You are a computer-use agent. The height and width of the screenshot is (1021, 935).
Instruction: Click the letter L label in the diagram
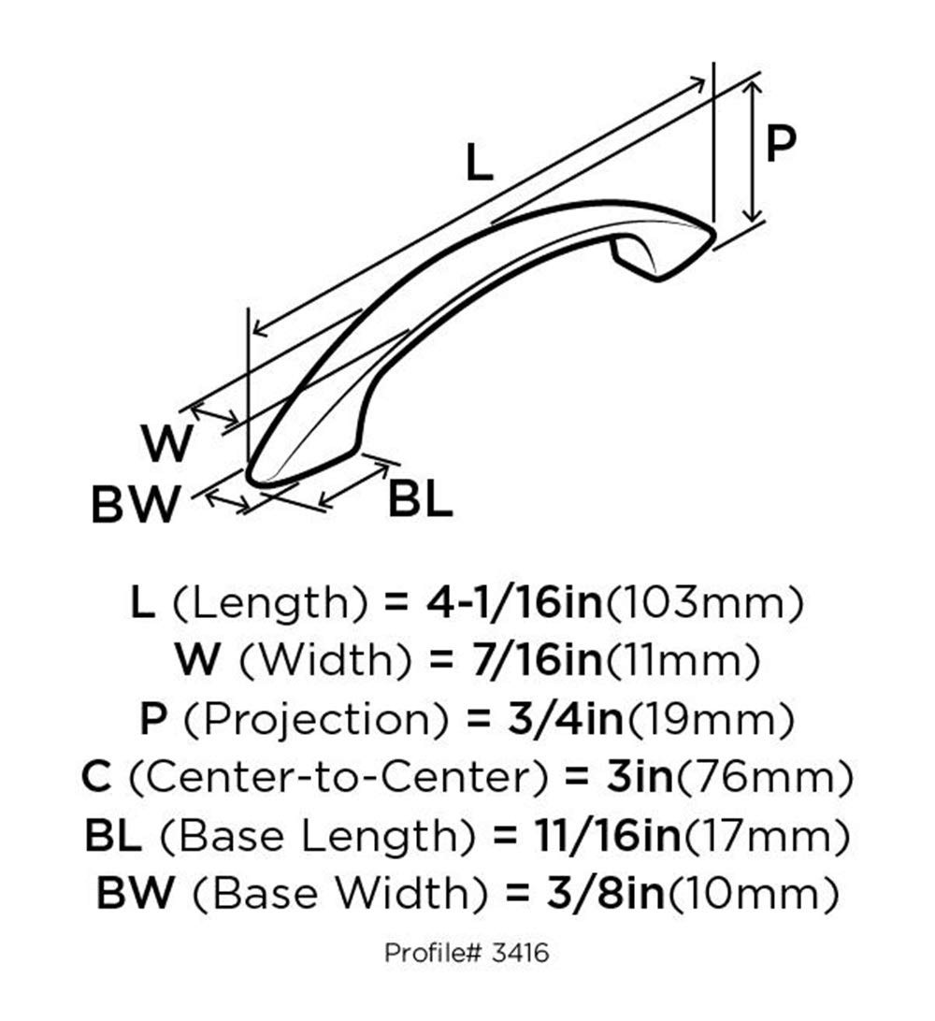point(480,162)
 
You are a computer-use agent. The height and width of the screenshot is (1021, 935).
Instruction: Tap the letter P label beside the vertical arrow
point(780,143)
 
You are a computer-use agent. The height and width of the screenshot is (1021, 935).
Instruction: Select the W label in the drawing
point(167,443)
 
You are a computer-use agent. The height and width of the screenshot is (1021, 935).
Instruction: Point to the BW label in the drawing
point(135,504)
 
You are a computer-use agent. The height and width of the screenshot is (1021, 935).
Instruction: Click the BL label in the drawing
point(420,500)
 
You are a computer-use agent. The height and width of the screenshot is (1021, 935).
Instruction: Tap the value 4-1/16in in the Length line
point(514,602)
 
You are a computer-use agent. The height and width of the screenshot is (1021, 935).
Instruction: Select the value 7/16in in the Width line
point(536,659)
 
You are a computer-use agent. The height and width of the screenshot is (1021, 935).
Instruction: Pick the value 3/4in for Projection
point(565,718)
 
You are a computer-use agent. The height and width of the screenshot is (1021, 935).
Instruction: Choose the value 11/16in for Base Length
point(607,835)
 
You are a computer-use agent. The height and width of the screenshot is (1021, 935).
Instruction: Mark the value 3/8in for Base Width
point(605,893)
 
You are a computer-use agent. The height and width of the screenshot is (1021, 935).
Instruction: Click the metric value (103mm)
point(704,603)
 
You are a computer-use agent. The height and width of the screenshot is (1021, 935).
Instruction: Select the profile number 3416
point(520,954)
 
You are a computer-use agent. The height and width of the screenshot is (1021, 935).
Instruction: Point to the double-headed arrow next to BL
point(354,485)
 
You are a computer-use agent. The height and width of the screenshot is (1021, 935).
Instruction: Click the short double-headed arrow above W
point(214,417)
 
